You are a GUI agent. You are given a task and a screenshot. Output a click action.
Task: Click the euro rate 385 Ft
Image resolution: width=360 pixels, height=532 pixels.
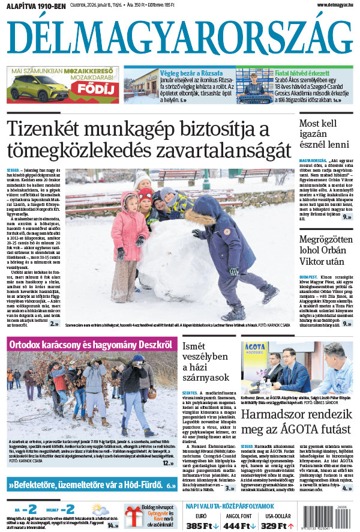[203, 526]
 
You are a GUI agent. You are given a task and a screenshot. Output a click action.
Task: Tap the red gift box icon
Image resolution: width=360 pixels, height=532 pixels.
[134, 515]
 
